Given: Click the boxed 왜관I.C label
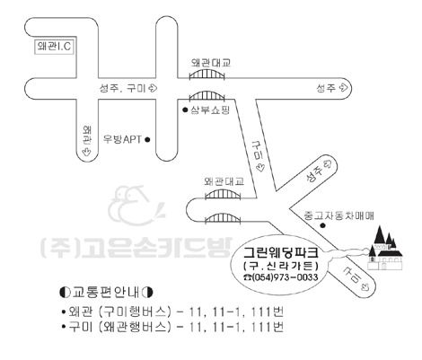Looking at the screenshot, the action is (x=54, y=47).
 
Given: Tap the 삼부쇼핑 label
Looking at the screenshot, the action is (x=210, y=110).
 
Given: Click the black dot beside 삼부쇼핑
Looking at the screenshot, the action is (x=185, y=110).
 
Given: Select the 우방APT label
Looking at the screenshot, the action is (x=122, y=139).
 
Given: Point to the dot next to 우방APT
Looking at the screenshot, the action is (x=147, y=139).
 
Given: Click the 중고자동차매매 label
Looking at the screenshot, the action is (x=338, y=215).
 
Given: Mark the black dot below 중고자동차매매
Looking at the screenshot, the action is (x=322, y=225).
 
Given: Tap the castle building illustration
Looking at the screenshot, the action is (x=384, y=249).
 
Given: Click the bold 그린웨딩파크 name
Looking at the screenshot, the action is (x=280, y=252).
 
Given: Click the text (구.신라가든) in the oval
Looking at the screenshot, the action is (x=280, y=266).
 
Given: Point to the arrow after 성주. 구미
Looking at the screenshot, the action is (x=153, y=88).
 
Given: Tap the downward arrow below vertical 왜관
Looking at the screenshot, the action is (x=87, y=152).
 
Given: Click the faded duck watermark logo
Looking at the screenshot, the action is (x=136, y=206).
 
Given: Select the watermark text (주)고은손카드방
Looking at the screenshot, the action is (x=136, y=248).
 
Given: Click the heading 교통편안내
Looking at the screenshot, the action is (x=106, y=292).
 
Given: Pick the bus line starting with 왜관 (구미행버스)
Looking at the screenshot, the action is (x=172, y=312).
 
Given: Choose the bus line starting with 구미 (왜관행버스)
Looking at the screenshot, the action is (x=172, y=327).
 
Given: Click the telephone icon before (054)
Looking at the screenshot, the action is (x=248, y=277).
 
